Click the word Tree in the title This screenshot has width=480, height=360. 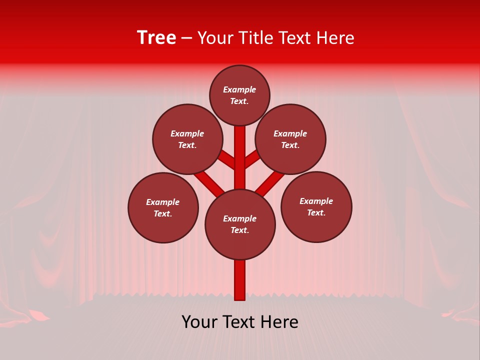click(156, 38)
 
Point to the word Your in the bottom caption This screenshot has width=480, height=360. click(200, 322)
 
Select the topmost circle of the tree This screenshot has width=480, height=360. click(239, 95)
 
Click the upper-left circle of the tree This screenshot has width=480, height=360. click(187, 139)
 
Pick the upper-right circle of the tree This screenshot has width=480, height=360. click(290, 139)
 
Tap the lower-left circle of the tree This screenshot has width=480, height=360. click(163, 207)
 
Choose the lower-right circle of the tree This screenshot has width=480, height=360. click(316, 206)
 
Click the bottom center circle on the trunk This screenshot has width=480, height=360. click(240, 224)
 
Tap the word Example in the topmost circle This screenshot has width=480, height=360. click(239, 90)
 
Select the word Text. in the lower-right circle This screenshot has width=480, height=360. click(316, 212)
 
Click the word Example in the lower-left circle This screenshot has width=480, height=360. click(162, 202)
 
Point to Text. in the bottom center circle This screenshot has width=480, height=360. click(239, 230)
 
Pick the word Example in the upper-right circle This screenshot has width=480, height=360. click(290, 133)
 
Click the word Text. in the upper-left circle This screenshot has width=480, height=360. click(187, 145)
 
